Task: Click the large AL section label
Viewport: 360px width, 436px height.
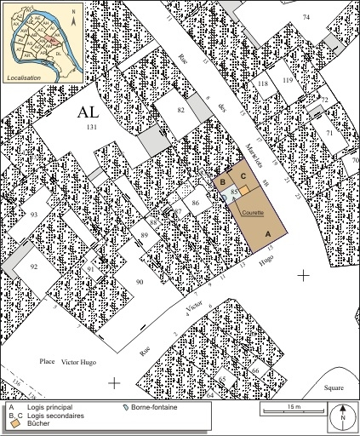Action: click(88, 112)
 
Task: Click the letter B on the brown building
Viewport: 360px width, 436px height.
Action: click(223, 181)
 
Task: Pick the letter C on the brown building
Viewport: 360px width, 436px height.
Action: click(243, 176)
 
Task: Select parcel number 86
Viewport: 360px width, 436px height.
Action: click(196, 203)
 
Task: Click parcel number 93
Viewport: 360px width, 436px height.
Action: click(34, 214)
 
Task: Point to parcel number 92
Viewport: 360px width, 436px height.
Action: click(34, 267)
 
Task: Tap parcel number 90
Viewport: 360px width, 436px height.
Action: click(140, 282)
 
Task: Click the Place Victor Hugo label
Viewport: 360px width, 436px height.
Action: click(67, 362)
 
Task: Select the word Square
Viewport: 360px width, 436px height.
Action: click(334, 387)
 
